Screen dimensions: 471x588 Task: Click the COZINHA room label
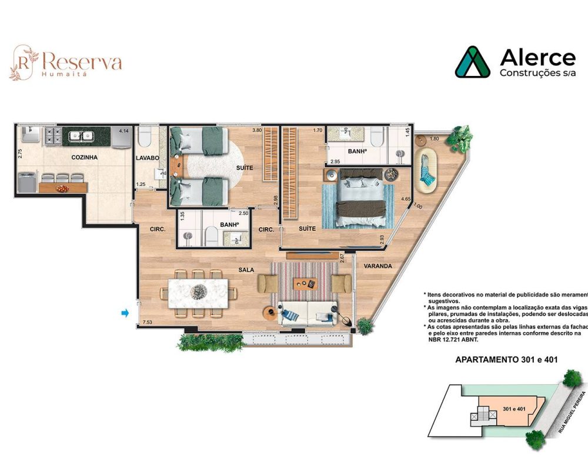tap(85, 157)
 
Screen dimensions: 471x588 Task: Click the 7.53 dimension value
tap(147, 322)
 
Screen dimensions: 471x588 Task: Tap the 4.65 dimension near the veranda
tap(405, 200)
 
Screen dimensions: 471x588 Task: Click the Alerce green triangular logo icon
tap(472, 62)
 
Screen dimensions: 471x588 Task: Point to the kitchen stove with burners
tap(51, 137)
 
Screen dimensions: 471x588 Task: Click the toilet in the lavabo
tap(145, 138)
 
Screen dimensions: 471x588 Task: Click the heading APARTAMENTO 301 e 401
tap(507, 359)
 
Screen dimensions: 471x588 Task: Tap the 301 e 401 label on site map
tap(514, 408)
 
